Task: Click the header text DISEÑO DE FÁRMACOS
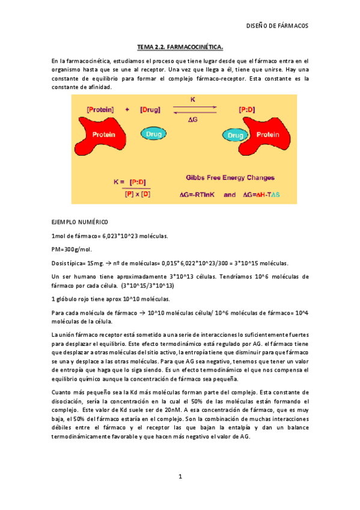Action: [278, 26]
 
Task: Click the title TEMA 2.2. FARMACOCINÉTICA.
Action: [180, 46]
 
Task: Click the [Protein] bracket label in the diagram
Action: [100, 110]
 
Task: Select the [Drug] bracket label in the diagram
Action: [150, 110]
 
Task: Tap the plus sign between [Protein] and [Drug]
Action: [127, 110]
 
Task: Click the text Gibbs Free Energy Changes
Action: [230, 178]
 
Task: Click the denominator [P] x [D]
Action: [138, 194]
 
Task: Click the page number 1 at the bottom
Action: [180, 477]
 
